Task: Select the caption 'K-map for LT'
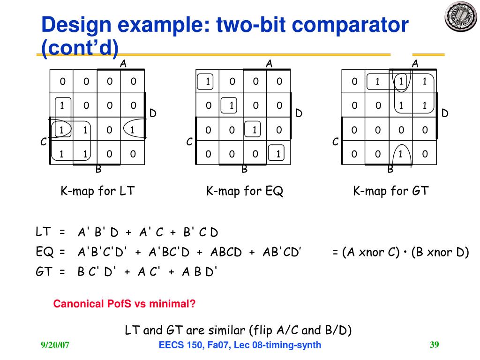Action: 97,191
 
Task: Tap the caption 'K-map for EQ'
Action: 245,191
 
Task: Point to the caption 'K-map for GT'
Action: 391,191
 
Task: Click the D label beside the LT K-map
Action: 153,113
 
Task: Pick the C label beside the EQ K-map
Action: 189,142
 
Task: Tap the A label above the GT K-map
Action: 415,63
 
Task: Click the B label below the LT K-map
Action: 98,169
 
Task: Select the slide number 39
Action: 434,345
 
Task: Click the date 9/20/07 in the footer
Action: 55,345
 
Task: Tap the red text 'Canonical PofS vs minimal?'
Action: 124,304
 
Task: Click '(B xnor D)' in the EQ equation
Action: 440,253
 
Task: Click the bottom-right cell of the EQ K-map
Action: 278,153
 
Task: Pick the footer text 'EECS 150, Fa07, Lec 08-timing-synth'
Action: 240,345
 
